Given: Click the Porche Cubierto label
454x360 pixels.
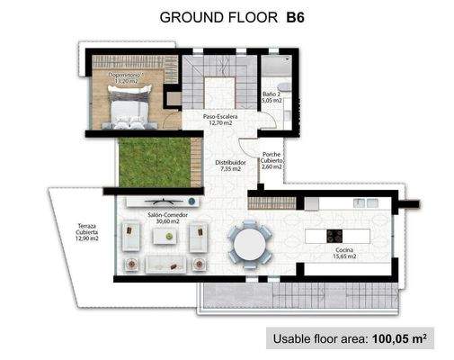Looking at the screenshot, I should point(272,160).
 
